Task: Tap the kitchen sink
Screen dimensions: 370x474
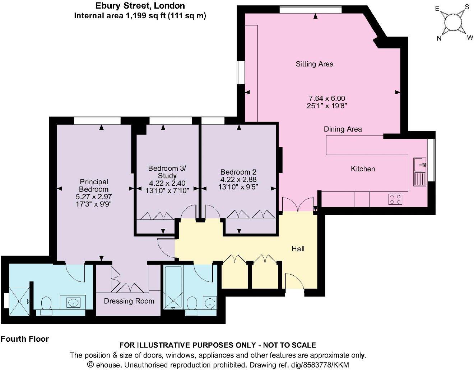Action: click(419, 165)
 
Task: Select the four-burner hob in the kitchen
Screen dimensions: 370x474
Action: click(395, 199)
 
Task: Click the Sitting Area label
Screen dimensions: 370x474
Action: click(315, 64)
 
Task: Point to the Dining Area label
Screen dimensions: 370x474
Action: click(343, 129)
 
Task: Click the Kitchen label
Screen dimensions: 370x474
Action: click(363, 169)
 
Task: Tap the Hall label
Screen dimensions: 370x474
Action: click(298, 248)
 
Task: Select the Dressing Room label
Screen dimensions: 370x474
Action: click(129, 301)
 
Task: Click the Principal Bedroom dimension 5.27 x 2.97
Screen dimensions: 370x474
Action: click(94, 197)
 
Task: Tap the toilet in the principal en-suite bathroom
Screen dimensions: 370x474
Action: click(46, 305)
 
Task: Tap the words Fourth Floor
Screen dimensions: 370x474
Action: click(25, 339)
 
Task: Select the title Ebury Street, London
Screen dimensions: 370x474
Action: click(140, 6)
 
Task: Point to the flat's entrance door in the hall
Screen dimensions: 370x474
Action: click(295, 283)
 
